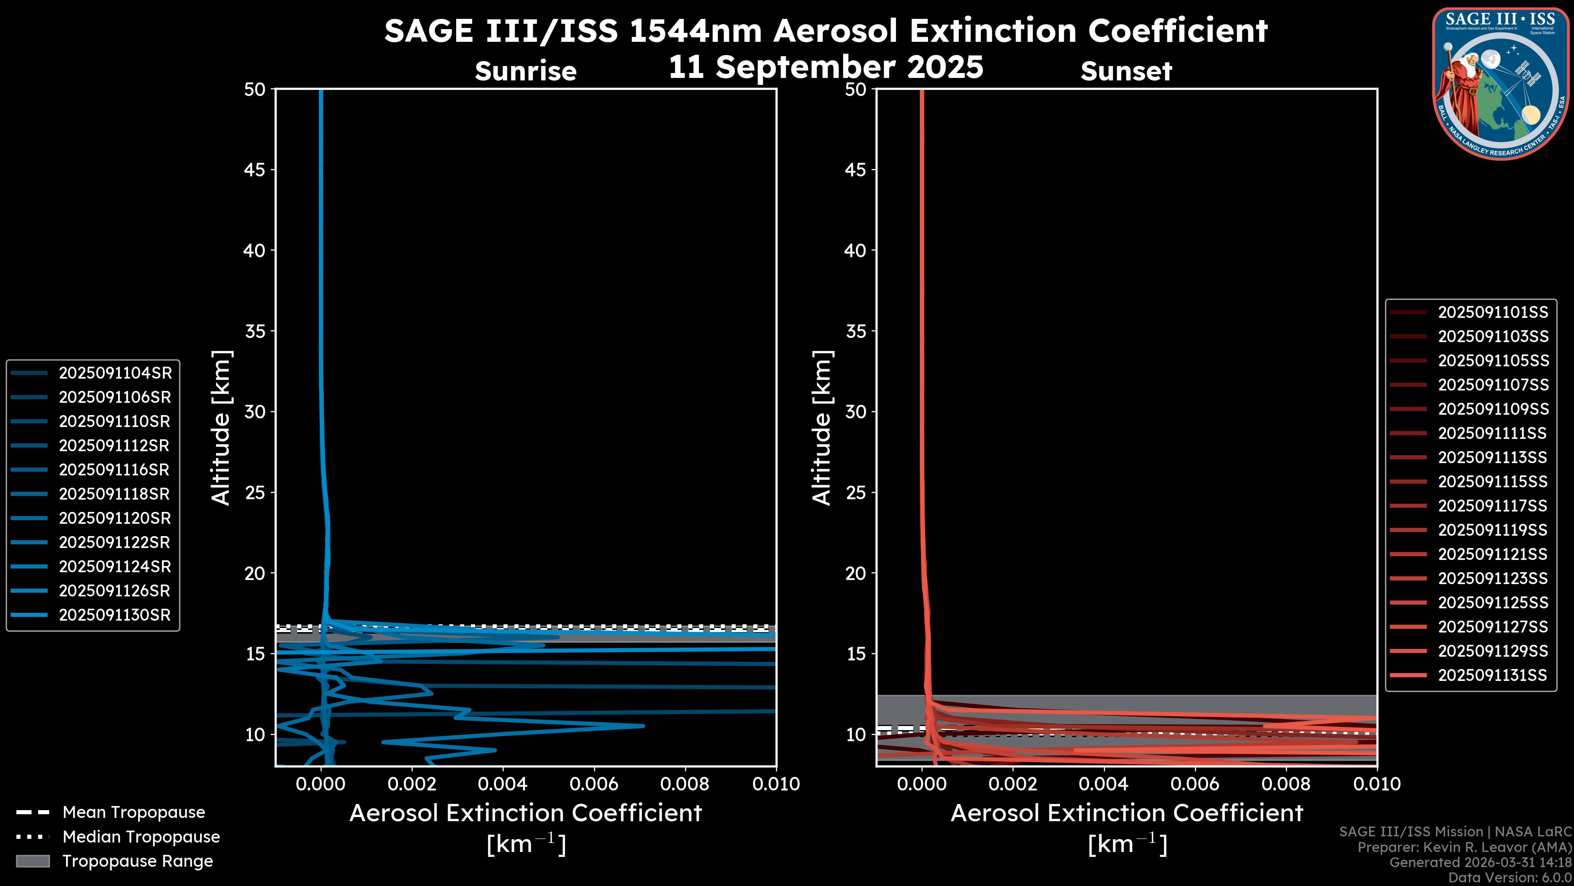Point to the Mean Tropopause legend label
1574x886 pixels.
(134, 813)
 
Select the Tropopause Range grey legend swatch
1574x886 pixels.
(32, 861)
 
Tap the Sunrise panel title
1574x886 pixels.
(525, 71)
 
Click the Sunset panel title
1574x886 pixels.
(1126, 71)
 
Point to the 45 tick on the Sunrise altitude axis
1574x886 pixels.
(255, 169)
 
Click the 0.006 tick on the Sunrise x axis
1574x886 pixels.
(594, 784)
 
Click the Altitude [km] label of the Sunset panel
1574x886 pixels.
(822, 428)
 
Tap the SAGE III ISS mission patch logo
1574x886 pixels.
(1500, 83)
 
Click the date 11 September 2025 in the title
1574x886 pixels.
(826, 67)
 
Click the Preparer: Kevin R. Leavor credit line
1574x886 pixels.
(1465, 847)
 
